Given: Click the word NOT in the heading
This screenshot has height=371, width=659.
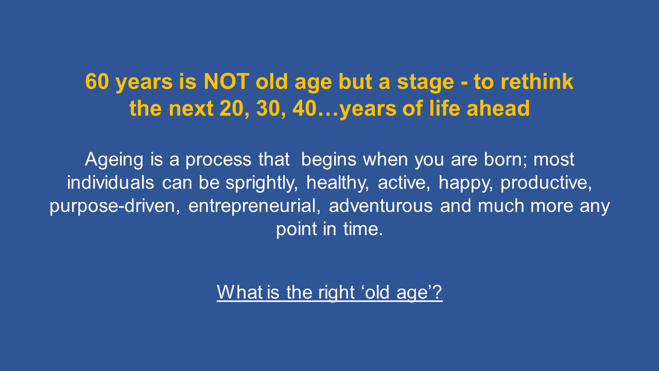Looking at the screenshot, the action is (227, 81).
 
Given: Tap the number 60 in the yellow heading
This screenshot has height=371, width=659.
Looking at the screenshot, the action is (97, 81).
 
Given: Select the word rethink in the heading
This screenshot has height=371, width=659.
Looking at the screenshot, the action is (537, 81).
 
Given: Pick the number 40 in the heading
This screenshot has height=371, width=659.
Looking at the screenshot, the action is (304, 108).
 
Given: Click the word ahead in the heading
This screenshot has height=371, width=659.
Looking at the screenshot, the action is (498, 108).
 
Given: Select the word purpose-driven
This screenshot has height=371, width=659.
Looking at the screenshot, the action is (115, 207).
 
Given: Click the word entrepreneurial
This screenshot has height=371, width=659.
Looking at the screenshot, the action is (254, 207).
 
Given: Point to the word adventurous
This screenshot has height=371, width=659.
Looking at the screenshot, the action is (380, 206).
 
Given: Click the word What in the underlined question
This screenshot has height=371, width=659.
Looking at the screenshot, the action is (240, 292).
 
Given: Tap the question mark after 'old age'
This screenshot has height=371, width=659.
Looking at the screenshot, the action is (437, 292).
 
